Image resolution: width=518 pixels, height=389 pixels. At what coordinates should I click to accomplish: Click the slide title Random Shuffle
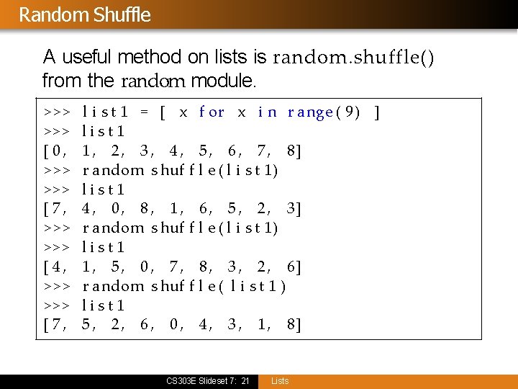(x=85, y=14)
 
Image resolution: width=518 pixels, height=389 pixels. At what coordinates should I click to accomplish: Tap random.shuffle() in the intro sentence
(x=353, y=57)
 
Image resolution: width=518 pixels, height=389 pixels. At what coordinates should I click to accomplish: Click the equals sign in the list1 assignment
(x=144, y=112)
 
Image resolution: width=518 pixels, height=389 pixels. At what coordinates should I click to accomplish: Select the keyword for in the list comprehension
(x=212, y=112)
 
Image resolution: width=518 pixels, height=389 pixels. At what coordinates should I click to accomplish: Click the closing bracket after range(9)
(x=378, y=112)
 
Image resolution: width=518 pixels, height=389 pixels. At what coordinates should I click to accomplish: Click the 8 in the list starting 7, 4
(x=145, y=210)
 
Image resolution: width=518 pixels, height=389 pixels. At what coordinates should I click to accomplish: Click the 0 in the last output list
(x=174, y=326)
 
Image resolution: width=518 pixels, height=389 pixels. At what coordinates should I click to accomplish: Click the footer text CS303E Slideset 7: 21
(x=207, y=381)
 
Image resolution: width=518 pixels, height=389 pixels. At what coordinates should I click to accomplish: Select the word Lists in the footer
(x=280, y=381)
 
